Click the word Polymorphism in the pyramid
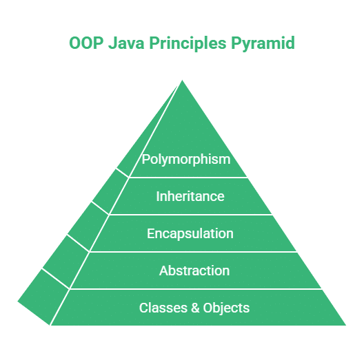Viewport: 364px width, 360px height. [185, 159]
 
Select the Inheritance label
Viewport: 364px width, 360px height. [190, 196]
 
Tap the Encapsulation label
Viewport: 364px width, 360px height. [190, 233]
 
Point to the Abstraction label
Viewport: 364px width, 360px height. [194, 271]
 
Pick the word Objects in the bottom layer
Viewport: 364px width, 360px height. [226, 308]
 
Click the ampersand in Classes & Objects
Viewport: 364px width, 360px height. [194, 308]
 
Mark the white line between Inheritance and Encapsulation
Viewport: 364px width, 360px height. [191, 215]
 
